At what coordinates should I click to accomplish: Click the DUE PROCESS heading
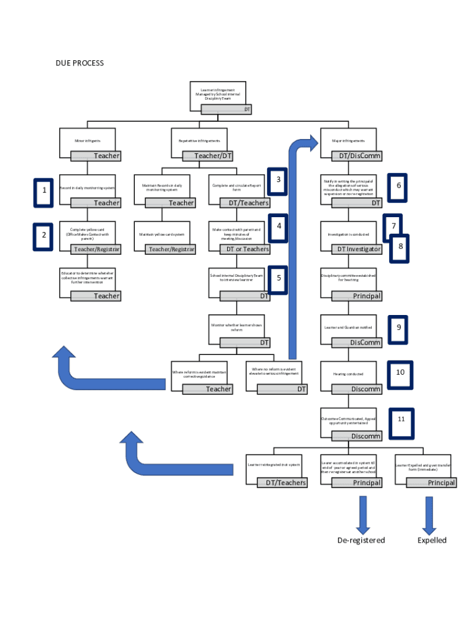coord(79,63)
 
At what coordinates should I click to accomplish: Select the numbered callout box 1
coord(44,191)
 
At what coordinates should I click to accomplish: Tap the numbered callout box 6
coord(398,185)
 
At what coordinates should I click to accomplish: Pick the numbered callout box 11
coord(401,420)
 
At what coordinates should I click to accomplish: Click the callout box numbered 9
coord(398,327)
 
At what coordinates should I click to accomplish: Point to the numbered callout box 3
coord(278,180)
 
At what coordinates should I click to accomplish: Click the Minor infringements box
coord(87,141)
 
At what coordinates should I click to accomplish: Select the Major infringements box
coord(348,141)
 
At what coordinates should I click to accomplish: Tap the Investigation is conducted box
coord(348,234)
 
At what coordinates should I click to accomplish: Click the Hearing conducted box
coord(348,374)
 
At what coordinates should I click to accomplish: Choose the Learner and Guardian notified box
coord(348,327)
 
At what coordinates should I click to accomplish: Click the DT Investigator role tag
coord(357,249)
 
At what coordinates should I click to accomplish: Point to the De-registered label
coord(361,540)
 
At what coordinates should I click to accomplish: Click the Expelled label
coord(432,540)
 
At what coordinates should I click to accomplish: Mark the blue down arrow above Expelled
coord(429,514)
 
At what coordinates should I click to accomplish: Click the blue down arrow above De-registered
coord(362,514)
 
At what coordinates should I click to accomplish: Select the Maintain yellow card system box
coord(161,234)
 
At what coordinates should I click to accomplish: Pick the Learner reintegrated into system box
coord(274,465)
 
